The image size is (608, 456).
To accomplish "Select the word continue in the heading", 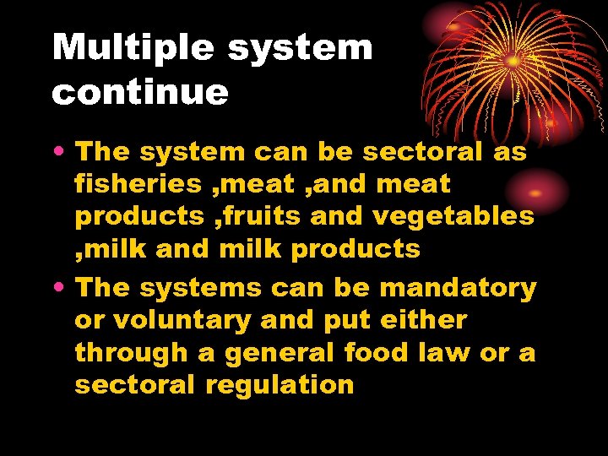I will click(140, 92).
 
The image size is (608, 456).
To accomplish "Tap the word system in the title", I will click(300, 49).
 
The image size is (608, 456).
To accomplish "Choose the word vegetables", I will click(453, 216).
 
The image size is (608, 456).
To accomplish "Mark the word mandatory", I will click(459, 288).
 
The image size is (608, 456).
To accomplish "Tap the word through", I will click(132, 353).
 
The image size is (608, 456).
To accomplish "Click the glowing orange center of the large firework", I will click(512, 62).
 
